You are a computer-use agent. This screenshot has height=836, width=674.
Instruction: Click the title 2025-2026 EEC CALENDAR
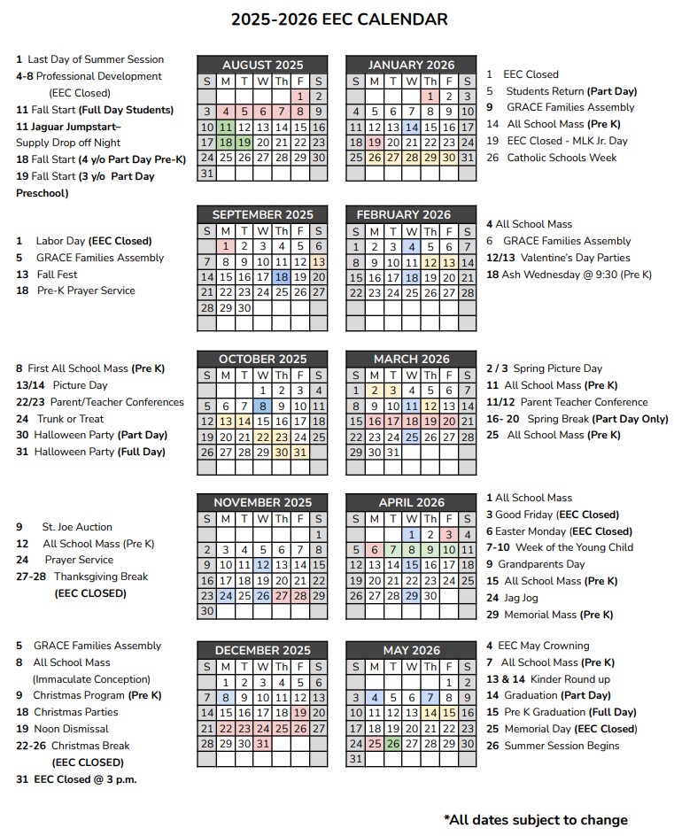(339, 19)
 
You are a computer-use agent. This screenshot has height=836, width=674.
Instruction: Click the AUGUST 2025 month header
(262, 65)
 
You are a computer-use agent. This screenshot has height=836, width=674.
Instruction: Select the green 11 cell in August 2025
(225, 127)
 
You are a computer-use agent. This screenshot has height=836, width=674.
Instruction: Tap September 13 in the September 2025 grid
(318, 261)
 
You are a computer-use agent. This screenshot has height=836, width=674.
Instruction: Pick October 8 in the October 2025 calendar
(262, 406)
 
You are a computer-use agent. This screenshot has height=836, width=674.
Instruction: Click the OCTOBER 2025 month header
(262, 359)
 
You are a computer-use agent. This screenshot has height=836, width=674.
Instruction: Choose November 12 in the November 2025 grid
(262, 565)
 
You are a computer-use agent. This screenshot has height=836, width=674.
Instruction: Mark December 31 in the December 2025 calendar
(262, 743)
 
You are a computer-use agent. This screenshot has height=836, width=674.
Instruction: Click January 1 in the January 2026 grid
(430, 97)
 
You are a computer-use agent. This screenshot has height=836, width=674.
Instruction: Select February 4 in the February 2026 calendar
(411, 247)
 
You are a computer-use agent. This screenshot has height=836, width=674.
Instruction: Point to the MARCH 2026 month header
(411, 359)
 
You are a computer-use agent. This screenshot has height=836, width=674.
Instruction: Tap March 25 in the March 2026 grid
(411, 437)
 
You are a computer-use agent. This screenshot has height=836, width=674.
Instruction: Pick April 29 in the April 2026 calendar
(411, 596)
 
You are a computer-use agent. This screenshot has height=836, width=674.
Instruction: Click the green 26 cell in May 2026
(392, 743)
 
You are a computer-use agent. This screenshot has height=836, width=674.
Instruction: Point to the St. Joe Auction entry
(77, 527)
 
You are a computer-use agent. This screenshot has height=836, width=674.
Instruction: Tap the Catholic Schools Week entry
(561, 158)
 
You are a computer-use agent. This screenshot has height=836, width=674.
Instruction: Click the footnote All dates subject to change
(535, 819)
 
